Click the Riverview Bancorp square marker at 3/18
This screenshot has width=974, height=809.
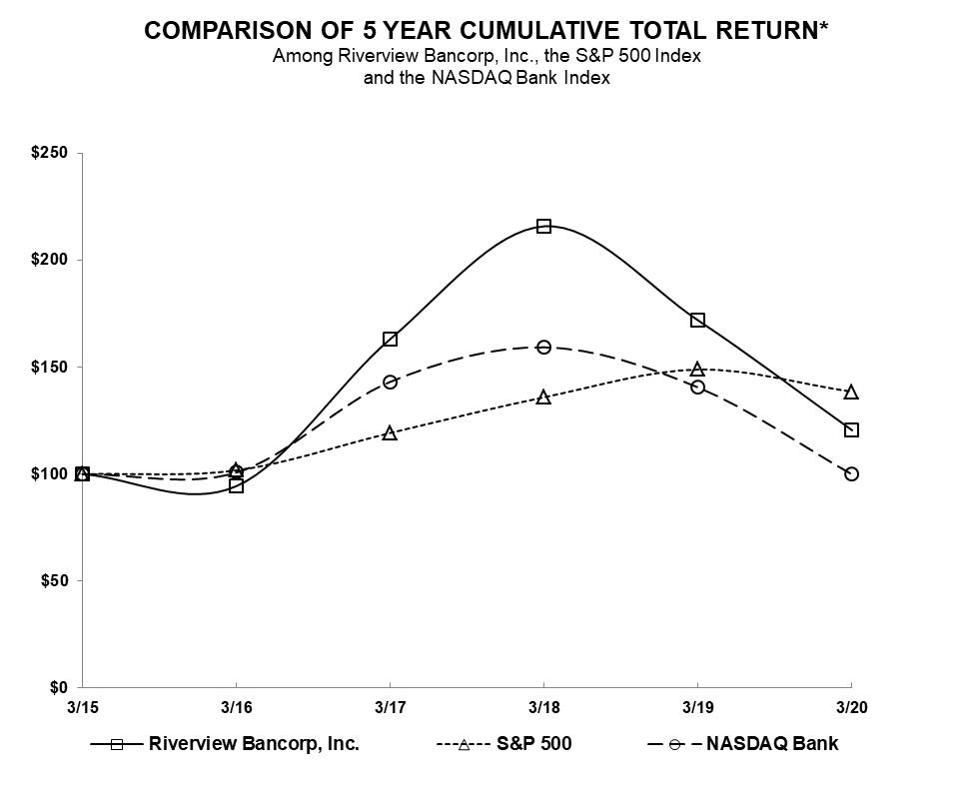point(543,227)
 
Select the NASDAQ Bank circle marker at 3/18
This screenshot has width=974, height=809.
point(543,348)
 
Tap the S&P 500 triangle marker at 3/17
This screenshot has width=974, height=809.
point(390,433)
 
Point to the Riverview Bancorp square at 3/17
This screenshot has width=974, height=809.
point(390,340)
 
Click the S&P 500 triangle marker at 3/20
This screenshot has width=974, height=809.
point(851,393)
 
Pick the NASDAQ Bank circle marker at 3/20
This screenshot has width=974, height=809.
point(851,473)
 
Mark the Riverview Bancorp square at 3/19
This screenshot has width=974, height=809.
point(697,321)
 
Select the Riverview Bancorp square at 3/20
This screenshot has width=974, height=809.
point(851,430)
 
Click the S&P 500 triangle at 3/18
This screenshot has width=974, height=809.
point(543,398)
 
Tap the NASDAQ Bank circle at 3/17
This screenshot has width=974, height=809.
point(390,383)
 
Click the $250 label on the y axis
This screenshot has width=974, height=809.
point(50,153)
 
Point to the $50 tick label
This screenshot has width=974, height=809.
point(54,580)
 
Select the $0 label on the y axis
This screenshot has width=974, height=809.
point(58,687)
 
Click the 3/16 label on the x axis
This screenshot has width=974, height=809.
point(236,707)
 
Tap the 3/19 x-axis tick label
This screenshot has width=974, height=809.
point(697,707)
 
